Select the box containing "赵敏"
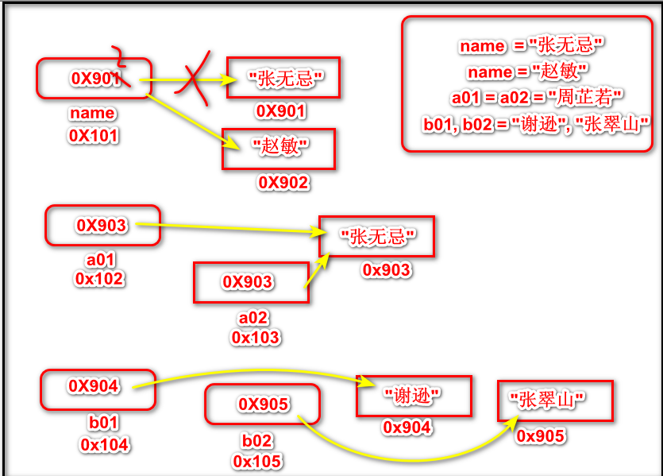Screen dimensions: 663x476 278,149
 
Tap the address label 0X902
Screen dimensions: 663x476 283,183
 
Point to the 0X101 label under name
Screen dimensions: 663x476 93,136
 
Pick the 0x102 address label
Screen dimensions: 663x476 99,279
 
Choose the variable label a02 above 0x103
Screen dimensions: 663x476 255,319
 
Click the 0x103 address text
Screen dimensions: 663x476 255,338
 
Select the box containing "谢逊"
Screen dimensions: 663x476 413,396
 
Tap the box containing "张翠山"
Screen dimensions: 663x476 555,401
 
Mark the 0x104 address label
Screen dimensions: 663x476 104,445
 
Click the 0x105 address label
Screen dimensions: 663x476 257,462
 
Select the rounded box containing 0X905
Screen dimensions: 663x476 262,404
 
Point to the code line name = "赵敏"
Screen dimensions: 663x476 527,72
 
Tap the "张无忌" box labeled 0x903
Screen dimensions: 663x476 376,236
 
